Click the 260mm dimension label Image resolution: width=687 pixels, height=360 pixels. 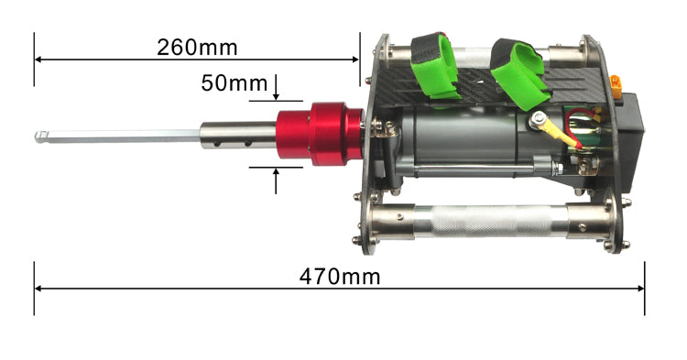(197, 48)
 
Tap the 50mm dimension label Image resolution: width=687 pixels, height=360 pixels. (234, 83)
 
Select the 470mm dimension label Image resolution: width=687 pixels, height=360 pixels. (340, 277)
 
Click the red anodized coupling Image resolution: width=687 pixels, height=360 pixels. (321, 134)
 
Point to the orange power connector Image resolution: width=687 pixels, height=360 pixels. (616, 86)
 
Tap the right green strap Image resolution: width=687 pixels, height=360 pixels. (520, 73)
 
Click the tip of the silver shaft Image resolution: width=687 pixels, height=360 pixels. (36, 137)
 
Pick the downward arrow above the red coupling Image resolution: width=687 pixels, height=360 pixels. (276, 87)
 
